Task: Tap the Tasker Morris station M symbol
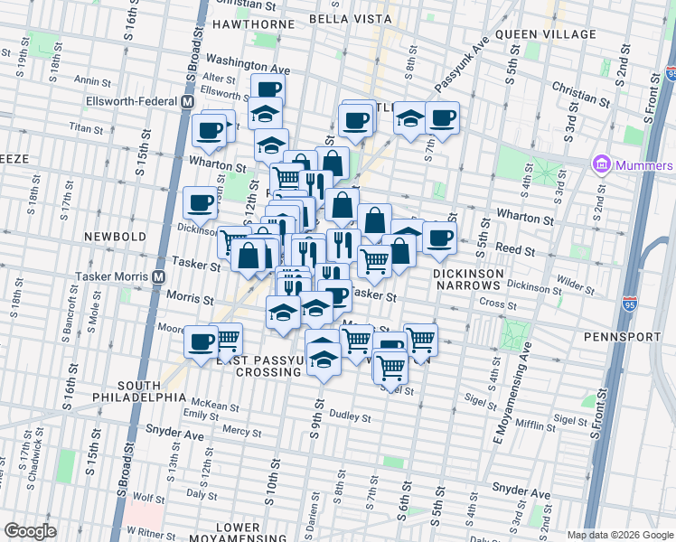(x=158, y=276)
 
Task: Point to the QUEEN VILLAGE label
(x=545, y=34)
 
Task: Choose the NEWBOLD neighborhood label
(x=115, y=237)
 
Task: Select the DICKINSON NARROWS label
(x=467, y=279)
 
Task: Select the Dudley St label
(x=350, y=417)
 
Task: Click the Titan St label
(x=87, y=128)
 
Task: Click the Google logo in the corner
(x=30, y=531)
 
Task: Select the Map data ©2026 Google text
(x=618, y=535)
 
